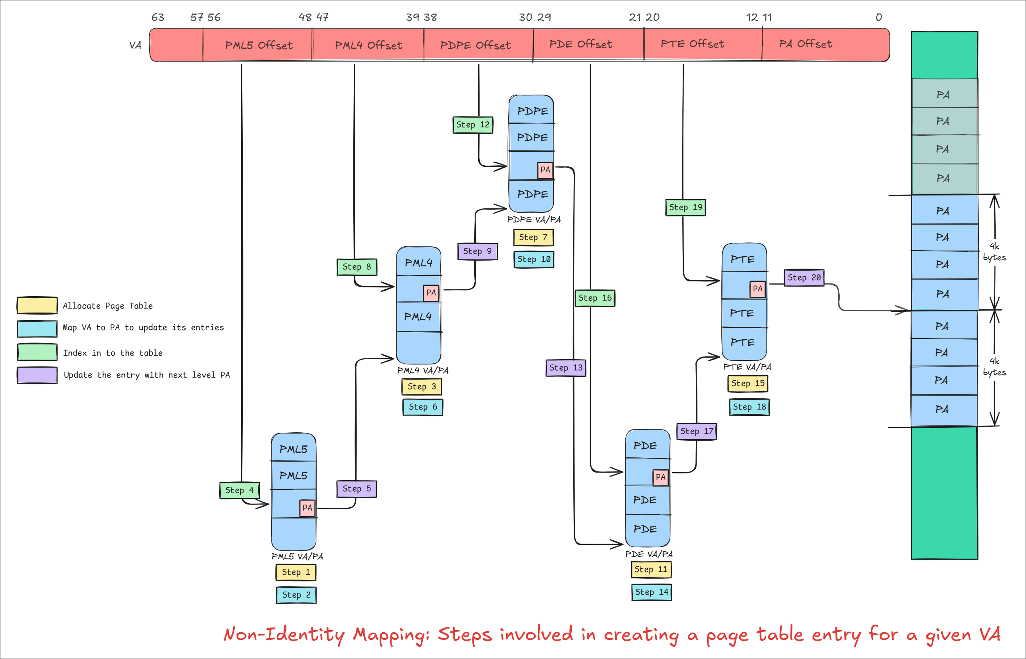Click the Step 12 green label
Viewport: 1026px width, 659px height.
click(x=473, y=125)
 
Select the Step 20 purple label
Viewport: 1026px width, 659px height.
click(x=804, y=278)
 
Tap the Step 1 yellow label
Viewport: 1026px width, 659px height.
click(x=296, y=572)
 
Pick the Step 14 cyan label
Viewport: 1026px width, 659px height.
click(x=652, y=592)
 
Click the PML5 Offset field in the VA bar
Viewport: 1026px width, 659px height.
click(x=259, y=46)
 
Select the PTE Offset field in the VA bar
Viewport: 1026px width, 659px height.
click(x=692, y=44)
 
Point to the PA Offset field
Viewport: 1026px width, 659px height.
click(x=805, y=44)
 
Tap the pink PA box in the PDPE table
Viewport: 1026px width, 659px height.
click(x=545, y=170)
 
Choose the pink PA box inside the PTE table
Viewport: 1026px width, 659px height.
click(x=757, y=289)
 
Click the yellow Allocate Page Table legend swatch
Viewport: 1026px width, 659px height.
click(x=37, y=305)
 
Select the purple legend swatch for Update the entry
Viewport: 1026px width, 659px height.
click(x=37, y=375)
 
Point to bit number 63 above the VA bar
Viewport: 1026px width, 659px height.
click(x=158, y=18)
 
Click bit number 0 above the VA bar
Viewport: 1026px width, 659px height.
click(x=878, y=18)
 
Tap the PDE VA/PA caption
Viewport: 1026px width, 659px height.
click(x=649, y=554)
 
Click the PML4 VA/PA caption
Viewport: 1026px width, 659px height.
click(x=422, y=370)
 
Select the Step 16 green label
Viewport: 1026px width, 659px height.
click(x=594, y=298)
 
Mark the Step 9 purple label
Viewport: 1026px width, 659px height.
click(x=477, y=251)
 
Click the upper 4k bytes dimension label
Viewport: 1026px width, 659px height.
click(x=994, y=252)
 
